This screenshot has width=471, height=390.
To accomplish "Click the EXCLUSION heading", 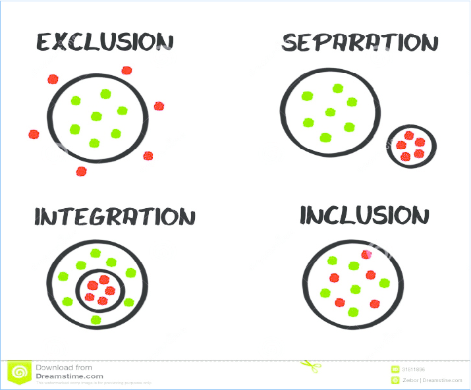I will pyautogui.click(x=105, y=43).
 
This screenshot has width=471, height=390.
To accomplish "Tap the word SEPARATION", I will pyautogui.click(x=360, y=43).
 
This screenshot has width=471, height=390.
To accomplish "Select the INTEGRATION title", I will pyautogui.click(x=115, y=217).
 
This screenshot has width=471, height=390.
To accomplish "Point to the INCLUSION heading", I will pyautogui.click(x=364, y=215).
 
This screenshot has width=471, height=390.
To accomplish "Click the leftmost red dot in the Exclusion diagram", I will pyautogui.click(x=34, y=134).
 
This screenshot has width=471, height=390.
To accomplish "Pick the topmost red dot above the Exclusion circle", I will pyautogui.click(x=126, y=70).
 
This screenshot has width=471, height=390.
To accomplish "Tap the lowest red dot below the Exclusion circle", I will pyautogui.click(x=81, y=171).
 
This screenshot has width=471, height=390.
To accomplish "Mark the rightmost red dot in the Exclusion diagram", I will pyautogui.click(x=159, y=106).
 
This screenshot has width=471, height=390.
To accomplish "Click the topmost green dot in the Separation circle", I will pyautogui.click(x=338, y=88).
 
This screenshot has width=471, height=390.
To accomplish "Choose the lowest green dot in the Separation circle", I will pyautogui.click(x=325, y=138).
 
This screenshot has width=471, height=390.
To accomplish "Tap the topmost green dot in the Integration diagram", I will pyautogui.click(x=96, y=253).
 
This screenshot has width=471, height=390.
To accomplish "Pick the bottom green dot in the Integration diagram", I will pyautogui.click(x=96, y=320).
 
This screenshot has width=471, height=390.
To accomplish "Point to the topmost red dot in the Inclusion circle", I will pyautogui.click(x=366, y=254).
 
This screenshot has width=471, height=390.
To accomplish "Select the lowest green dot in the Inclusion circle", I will pyautogui.click(x=353, y=312).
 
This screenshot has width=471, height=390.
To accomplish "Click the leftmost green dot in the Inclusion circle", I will pyautogui.click(x=325, y=293).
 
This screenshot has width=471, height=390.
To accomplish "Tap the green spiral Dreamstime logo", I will pyautogui.click(x=20, y=373).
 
